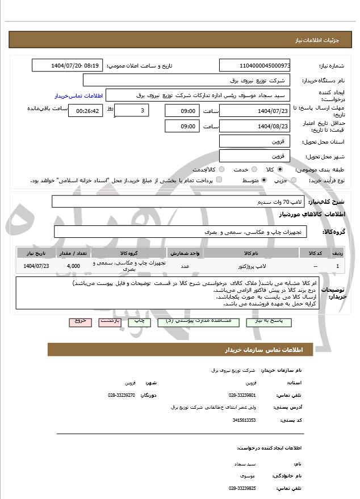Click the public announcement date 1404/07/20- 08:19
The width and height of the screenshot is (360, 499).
click(68, 65)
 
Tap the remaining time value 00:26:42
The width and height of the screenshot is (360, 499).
click(86, 111)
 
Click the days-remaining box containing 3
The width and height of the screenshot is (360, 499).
click(132, 111)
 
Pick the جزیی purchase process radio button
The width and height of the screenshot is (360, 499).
click(293, 180)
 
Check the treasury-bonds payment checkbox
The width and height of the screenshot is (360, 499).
click(220, 180)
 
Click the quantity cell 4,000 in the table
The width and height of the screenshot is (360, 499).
click(73, 266)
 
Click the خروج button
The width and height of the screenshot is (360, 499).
click(79, 321)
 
